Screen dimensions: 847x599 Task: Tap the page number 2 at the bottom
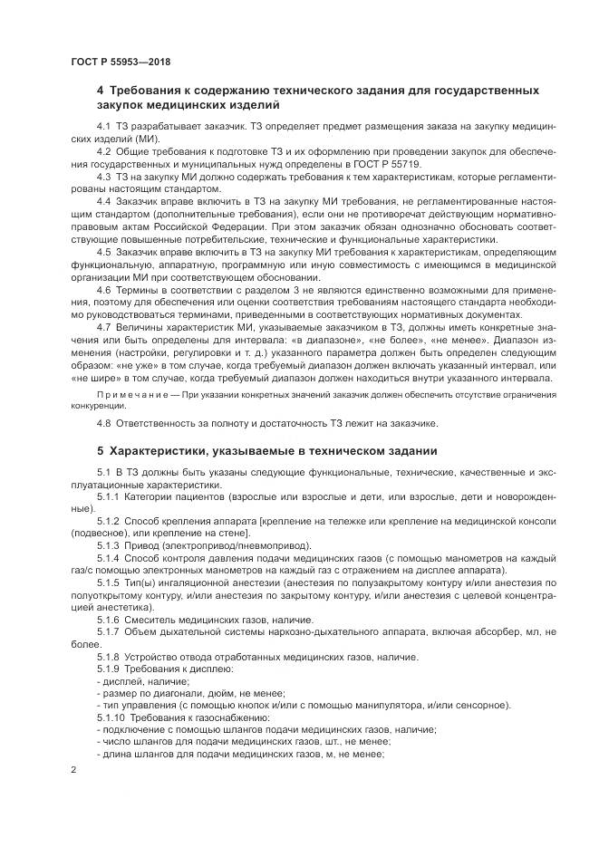point(73,769)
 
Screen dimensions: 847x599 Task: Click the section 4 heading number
point(101,91)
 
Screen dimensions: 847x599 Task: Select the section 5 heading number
point(101,450)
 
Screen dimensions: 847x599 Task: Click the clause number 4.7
point(103,327)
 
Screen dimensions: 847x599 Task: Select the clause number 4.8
point(103,423)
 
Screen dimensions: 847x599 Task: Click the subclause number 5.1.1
point(108,497)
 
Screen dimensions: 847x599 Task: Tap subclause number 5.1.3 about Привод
point(108,547)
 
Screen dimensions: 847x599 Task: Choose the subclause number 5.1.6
point(108,618)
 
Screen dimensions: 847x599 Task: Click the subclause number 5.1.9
point(108,668)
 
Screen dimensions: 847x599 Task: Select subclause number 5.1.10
point(111,717)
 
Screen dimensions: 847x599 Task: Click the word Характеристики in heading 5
point(160,450)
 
